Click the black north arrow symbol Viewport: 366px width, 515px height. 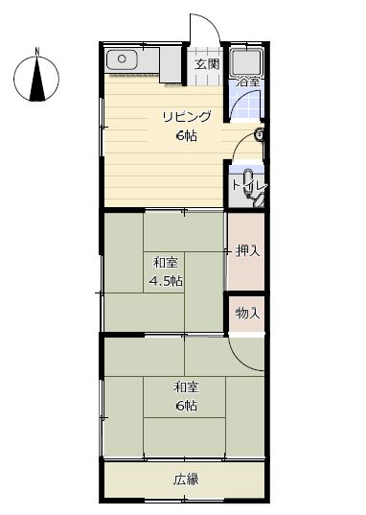click(36, 80)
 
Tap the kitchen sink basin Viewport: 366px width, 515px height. click(122, 60)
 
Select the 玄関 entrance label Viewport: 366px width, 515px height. click(206, 65)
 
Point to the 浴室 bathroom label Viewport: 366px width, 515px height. click(247, 82)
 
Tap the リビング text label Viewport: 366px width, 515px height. click(186, 117)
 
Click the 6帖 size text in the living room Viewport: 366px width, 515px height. click(186, 135)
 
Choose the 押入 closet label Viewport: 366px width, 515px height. click(247, 251)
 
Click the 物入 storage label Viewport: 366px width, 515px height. click(247, 314)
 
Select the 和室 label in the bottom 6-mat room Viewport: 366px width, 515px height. click(186, 387)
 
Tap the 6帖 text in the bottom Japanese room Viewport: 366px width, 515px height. click(186, 406)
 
